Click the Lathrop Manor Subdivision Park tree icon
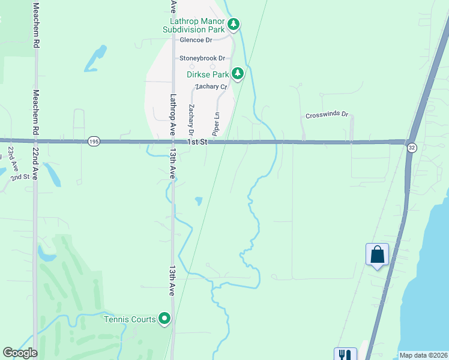point(234,25)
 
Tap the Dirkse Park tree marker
point(238,74)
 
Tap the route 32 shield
point(411,148)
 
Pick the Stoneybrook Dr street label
point(202,58)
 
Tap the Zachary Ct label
point(211,87)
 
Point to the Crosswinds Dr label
point(327,115)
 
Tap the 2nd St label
point(20,178)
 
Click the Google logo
point(20,353)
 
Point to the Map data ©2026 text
point(423,355)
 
